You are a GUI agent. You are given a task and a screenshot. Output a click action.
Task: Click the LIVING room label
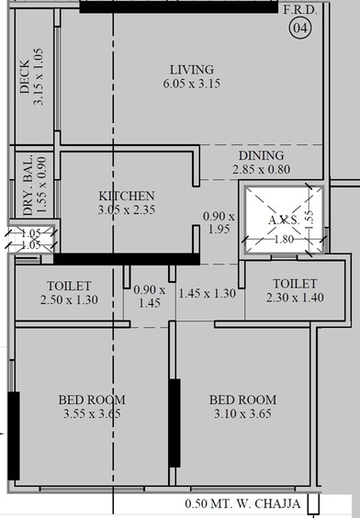pos(191,70)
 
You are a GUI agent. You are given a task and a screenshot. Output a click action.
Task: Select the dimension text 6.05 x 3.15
pos(191,84)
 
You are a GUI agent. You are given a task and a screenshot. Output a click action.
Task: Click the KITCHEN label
pos(127,196)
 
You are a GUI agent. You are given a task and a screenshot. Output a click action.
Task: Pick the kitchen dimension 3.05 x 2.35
pos(127,209)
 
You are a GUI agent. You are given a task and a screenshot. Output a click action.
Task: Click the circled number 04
pos(299,29)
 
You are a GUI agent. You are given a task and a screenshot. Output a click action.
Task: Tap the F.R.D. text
pos(299,10)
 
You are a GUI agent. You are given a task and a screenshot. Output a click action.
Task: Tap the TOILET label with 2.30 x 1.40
pos(294,284)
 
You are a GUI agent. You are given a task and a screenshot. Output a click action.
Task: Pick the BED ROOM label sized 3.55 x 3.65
pos(92,400)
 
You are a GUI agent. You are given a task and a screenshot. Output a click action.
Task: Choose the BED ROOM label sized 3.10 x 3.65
pos(242,400)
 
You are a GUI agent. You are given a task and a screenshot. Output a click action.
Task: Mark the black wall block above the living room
pos(180,6)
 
